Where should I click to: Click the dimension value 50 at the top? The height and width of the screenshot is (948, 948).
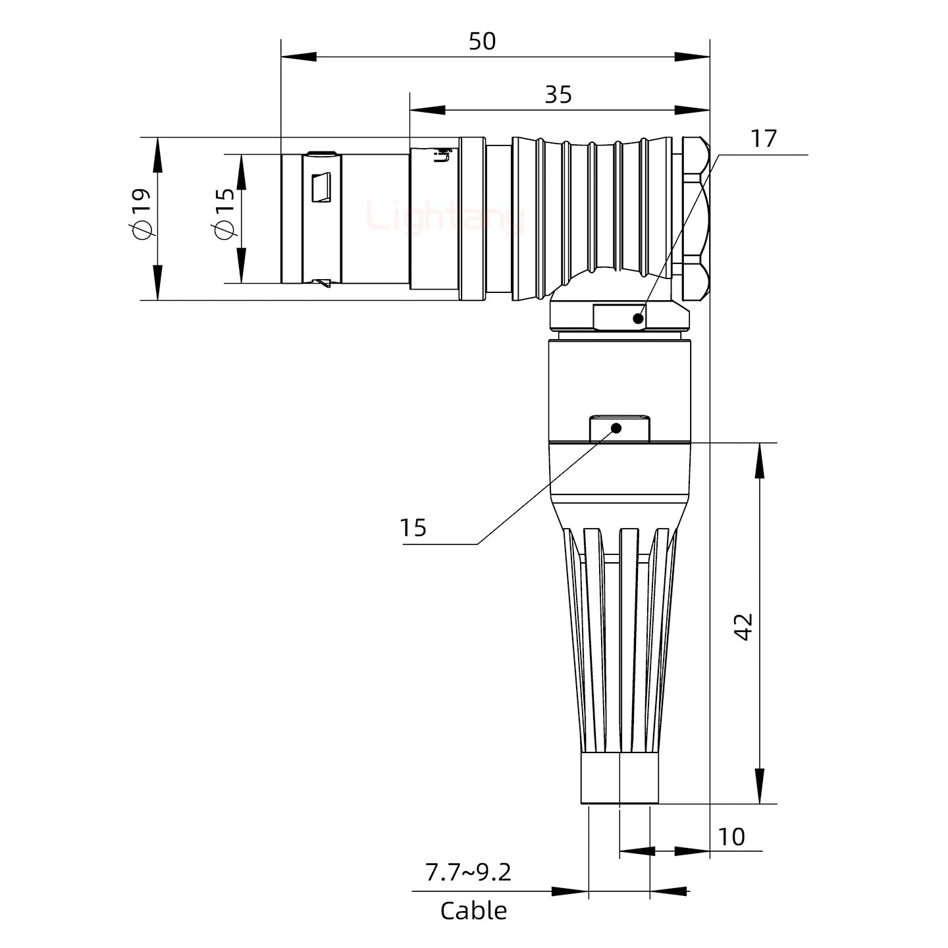[482, 41]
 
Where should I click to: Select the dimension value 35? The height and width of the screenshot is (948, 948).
[558, 95]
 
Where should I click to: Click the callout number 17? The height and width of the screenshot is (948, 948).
[764, 139]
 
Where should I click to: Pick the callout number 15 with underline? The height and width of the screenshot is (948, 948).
[413, 527]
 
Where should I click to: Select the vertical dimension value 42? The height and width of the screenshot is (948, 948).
[743, 627]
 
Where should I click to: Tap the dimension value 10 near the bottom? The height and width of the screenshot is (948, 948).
[731, 837]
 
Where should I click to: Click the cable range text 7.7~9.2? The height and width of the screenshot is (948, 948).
[468, 872]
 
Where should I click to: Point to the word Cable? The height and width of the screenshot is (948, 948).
[473, 911]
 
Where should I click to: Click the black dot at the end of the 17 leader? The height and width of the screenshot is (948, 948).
[637, 319]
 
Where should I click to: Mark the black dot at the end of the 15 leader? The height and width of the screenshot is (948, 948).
[617, 428]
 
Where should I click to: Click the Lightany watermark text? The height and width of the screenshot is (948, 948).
[445, 217]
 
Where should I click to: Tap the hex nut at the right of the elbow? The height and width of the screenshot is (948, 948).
[695, 218]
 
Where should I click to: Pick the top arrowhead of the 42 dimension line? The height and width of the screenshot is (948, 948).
[760, 460]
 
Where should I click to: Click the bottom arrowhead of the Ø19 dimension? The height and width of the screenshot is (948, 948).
[158, 282]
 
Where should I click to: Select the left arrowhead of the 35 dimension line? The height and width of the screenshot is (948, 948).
[427, 109]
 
